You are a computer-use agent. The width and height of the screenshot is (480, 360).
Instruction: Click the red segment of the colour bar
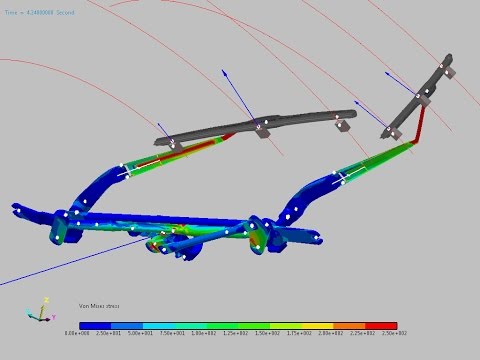click(x=382, y=325)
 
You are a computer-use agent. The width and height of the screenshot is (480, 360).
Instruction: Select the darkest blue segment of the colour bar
click(x=95, y=325)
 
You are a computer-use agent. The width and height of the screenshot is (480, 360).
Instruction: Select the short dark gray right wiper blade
click(x=425, y=95)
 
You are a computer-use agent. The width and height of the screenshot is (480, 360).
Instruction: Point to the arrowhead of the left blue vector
click(x=223, y=72)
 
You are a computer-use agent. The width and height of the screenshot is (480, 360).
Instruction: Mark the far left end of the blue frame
click(x=17, y=209)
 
